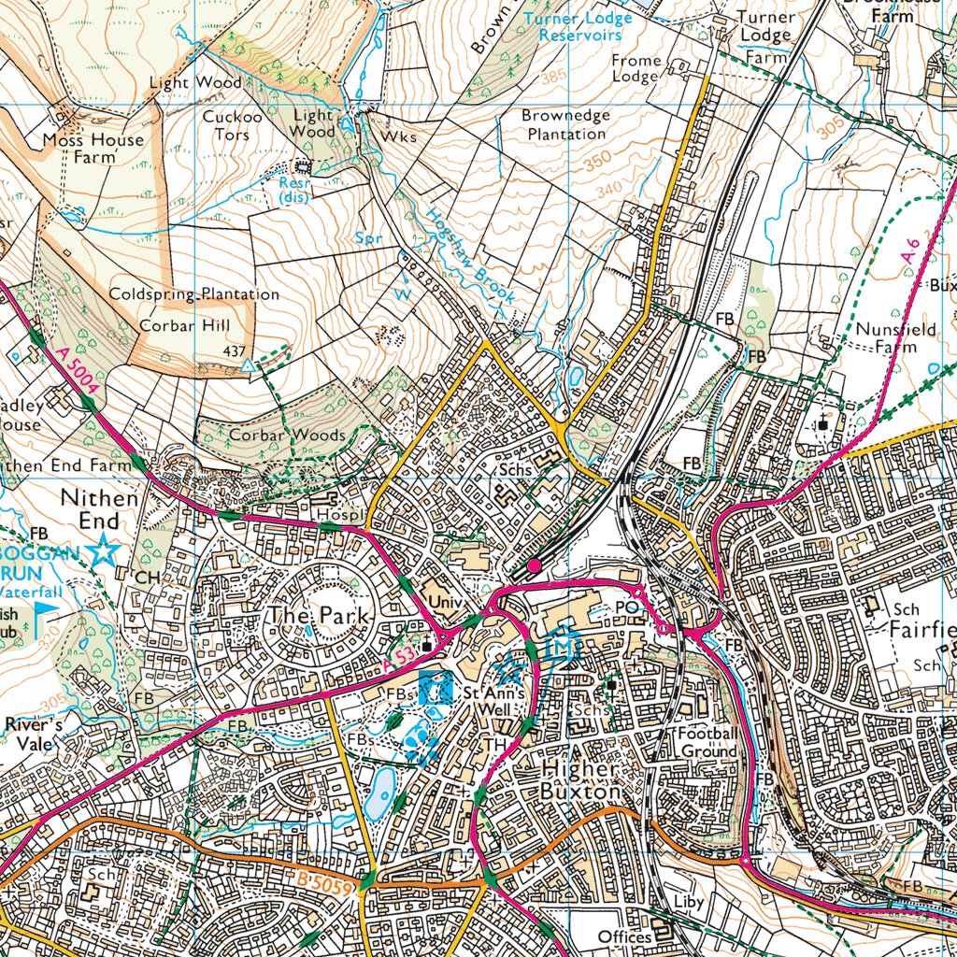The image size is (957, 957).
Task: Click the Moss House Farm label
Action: pyautogui.click(x=93, y=149)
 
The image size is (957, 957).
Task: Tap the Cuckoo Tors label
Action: pyautogui.click(x=226, y=125)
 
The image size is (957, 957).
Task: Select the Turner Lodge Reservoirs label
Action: pyautogui.click(x=579, y=26)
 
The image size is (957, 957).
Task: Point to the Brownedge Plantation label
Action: pyautogui.click(x=565, y=124)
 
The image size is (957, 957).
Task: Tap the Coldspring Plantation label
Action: pyautogui.click(x=194, y=294)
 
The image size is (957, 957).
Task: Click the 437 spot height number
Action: pyautogui.click(x=235, y=350)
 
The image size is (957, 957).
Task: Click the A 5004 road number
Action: pyautogui.click(x=76, y=373)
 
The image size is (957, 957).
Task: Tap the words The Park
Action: pyautogui.click(x=313, y=615)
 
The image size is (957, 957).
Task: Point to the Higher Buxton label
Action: pyautogui.click(x=580, y=779)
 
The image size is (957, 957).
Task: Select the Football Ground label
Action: pyautogui.click(x=707, y=742)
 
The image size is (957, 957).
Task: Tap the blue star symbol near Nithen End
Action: pyautogui.click(x=103, y=551)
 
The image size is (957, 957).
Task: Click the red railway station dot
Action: pyautogui.click(x=534, y=565)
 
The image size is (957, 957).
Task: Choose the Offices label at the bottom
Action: pyautogui.click(x=624, y=936)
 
